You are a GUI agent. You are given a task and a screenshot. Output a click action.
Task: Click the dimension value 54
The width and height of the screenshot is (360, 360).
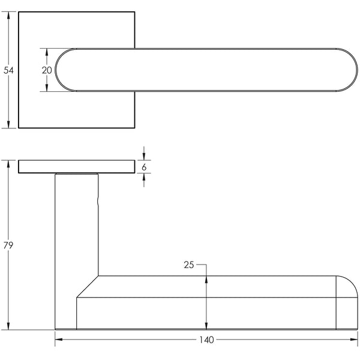[8, 70]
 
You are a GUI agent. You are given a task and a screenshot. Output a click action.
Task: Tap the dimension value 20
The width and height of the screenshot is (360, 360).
[47, 70]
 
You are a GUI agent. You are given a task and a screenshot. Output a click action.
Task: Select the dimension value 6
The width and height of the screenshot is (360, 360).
[144, 167]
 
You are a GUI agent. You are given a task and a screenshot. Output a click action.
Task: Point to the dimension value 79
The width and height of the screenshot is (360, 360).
[8, 245]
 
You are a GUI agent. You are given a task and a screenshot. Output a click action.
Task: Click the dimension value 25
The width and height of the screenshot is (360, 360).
[188, 265]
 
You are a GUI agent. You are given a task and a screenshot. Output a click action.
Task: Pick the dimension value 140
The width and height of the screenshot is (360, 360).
[206, 340]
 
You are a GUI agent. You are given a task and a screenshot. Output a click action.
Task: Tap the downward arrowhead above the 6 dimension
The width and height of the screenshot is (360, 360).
[144, 157]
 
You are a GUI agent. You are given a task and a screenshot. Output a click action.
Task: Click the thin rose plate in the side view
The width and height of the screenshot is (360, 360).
[76, 167]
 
